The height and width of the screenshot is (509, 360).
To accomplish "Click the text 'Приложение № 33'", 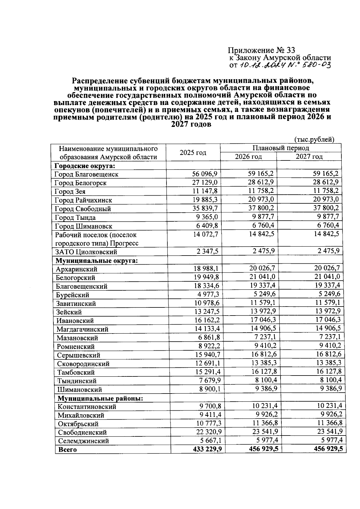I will pos(261,50).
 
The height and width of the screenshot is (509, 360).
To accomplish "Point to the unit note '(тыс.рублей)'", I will pos(314,139).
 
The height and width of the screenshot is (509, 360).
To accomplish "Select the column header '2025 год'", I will pos(193,152).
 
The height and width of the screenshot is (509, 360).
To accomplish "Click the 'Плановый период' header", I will pos(280,148).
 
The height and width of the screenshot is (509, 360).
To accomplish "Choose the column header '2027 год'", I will pos(309,157).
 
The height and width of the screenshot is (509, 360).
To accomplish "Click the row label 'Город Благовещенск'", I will pos(86,174).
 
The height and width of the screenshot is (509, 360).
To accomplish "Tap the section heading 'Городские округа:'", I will pos(85,166).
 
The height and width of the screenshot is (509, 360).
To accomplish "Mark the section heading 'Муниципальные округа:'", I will pos(97,260).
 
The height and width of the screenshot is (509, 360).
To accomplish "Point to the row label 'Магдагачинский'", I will pos(82,329).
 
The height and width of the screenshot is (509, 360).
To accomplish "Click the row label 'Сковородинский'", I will pos(83,364).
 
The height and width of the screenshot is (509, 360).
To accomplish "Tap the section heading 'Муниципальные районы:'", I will pos(100,398).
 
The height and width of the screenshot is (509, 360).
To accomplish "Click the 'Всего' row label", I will pos(67,450).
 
